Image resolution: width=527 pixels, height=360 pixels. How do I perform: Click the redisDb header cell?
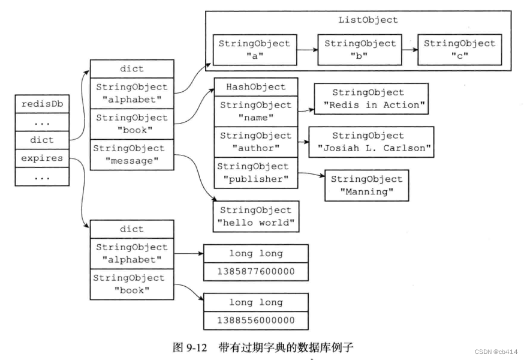pyautogui.click(x=42, y=104)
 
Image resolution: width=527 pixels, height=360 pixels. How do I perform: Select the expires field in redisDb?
pyautogui.click(x=42, y=158)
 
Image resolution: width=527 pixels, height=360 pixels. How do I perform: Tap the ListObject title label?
pyautogui.click(x=368, y=20)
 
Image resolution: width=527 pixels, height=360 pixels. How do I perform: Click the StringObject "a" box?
pyautogui.click(x=255, y=50)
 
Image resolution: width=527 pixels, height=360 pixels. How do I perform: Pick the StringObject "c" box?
pyautogui.click(x=460, y=50)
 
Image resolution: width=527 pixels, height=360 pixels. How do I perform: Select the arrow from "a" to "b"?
pyautogui.click(x=308, y=50)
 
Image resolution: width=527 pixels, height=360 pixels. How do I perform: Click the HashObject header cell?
pyautogui.click(x=256, y=87)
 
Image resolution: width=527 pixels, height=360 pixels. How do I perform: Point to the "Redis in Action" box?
pyautogui.click(x=371, y=99)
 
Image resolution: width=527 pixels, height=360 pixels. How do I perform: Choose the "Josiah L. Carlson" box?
pyautogui.click(x=371, y=142)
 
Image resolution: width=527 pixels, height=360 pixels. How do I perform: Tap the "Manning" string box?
pyautogui.click(x=367, y=185)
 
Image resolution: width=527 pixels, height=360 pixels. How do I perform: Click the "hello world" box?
pyautogui.click(x=256, y=217)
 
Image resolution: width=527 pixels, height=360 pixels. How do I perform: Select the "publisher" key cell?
pyautogui.click(x=256, y=173)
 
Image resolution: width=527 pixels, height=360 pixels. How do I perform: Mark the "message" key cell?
pyautogui.click(x=132, y=154)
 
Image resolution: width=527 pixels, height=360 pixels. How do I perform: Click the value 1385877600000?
pyautogui.click(x=256, y=272)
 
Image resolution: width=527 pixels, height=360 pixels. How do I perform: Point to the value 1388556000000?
pyautogui.click(x=256, y=320)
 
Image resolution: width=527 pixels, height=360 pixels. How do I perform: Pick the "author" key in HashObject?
pyautogui.click(x=256, y=142)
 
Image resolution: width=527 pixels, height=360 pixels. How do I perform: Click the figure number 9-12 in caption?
pyautogui.click(x=197, y=347)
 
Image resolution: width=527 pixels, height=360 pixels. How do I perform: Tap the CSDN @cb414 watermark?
pyautogui.click(x=496, y=352)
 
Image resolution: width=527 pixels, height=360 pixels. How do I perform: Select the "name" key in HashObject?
pyautogui.click(x=256, y=112)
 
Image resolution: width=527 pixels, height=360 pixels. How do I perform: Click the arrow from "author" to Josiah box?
pyautogui.click(x=303, y=142)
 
